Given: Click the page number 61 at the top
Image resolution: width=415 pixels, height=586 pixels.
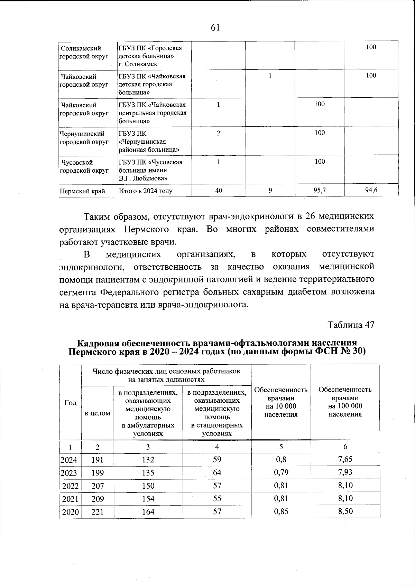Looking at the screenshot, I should pyautogui.click(x=215, y=28).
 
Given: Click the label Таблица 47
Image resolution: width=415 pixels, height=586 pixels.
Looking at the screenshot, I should pyautogui.click(x=351, y=325).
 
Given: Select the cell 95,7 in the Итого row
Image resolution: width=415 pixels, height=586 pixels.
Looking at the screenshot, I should pyautogui.click(x=320, y=190).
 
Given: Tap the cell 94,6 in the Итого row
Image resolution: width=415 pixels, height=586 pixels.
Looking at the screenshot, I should pyautogui.click(x=371, y=190).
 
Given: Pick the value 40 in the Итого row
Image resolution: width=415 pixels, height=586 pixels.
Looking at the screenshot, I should pyautogui.click(x=219, y=190).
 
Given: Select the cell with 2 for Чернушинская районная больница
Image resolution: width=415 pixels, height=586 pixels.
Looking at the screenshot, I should pyautogui.click(x=219, y=133).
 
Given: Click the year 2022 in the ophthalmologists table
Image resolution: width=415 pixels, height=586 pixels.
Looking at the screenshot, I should pyautogui.click(x=71, y=486).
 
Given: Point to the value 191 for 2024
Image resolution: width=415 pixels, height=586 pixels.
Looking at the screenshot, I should pyautogui.click(x=98, y=460).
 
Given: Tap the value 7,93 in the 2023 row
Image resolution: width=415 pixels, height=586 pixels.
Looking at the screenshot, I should pyautogui.click(x=345, y=472).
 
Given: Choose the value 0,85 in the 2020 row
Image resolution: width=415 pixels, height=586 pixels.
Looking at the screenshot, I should pyautogui.click(x=281, y=511).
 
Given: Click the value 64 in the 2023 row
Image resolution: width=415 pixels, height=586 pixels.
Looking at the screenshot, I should pyautogui.click(x=217, y=472).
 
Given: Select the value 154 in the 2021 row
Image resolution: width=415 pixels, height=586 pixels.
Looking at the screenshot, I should pyautogui.click(x=148, y=499).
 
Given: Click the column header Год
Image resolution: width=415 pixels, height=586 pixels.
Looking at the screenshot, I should pyautogui.click(x=71, y=403).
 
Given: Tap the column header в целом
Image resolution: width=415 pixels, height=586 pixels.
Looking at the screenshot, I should pyautogui.click(x=98, y=413).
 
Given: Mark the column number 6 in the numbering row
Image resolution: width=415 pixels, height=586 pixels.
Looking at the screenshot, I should pyautogui.click(x=345, y=446).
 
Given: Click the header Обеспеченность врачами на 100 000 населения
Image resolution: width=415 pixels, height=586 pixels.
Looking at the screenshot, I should pyautogui.click(x=345, y=402).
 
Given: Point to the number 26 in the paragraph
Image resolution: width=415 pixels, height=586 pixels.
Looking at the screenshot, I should pyautogui.click(x=309, y=217).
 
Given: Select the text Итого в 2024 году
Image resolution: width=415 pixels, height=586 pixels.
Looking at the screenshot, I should pyautogui.click(x=145, y=191).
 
